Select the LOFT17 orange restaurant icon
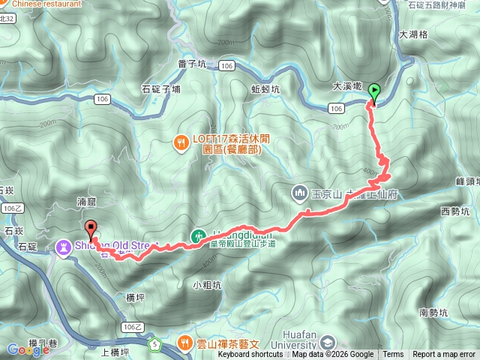(181, 142)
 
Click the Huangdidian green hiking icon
(197, 235)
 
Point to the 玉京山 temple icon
(299, 193)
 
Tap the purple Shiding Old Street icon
(63, 244)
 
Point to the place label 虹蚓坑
(265, 88)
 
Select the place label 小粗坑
(206, 284)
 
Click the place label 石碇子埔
(160, 89)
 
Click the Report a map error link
(444, 355)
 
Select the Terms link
(393, 355)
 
